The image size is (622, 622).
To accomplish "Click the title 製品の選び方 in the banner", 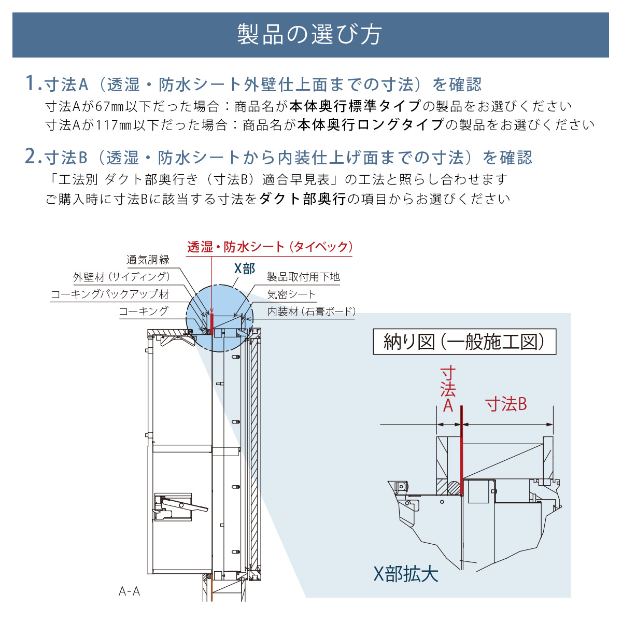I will (x=309, y=35).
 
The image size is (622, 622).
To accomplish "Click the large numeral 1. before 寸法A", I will (x=33, y=84).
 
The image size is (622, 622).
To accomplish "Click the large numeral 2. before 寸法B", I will (x=33, y=157).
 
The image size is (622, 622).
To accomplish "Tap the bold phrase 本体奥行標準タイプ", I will (x=355, y=106).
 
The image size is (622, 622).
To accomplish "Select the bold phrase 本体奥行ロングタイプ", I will (x=371, y=125).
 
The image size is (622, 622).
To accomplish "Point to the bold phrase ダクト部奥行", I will (x=302, y=199).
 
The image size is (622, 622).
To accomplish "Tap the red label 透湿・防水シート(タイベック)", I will (x=270, y=247).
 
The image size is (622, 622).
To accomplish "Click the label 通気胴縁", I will (x=148, y=260).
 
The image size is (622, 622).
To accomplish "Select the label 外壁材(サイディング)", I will (x=121, y=277).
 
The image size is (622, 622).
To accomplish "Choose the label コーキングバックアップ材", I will (x=110, y=294).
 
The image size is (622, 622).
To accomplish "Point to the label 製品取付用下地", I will (x=303, y=277).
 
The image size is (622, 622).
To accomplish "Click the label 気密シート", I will (x=291, y=294).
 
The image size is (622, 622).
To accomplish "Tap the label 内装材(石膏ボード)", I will (x=311, y=312).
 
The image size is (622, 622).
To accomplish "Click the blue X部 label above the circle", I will (x=245, y=268).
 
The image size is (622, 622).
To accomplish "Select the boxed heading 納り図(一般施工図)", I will (x=464, y=342).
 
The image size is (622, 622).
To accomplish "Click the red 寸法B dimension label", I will (x=506, y=404).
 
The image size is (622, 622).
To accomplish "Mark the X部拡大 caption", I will (x=406, y=574).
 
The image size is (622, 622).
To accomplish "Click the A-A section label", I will (x=130, y=591).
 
